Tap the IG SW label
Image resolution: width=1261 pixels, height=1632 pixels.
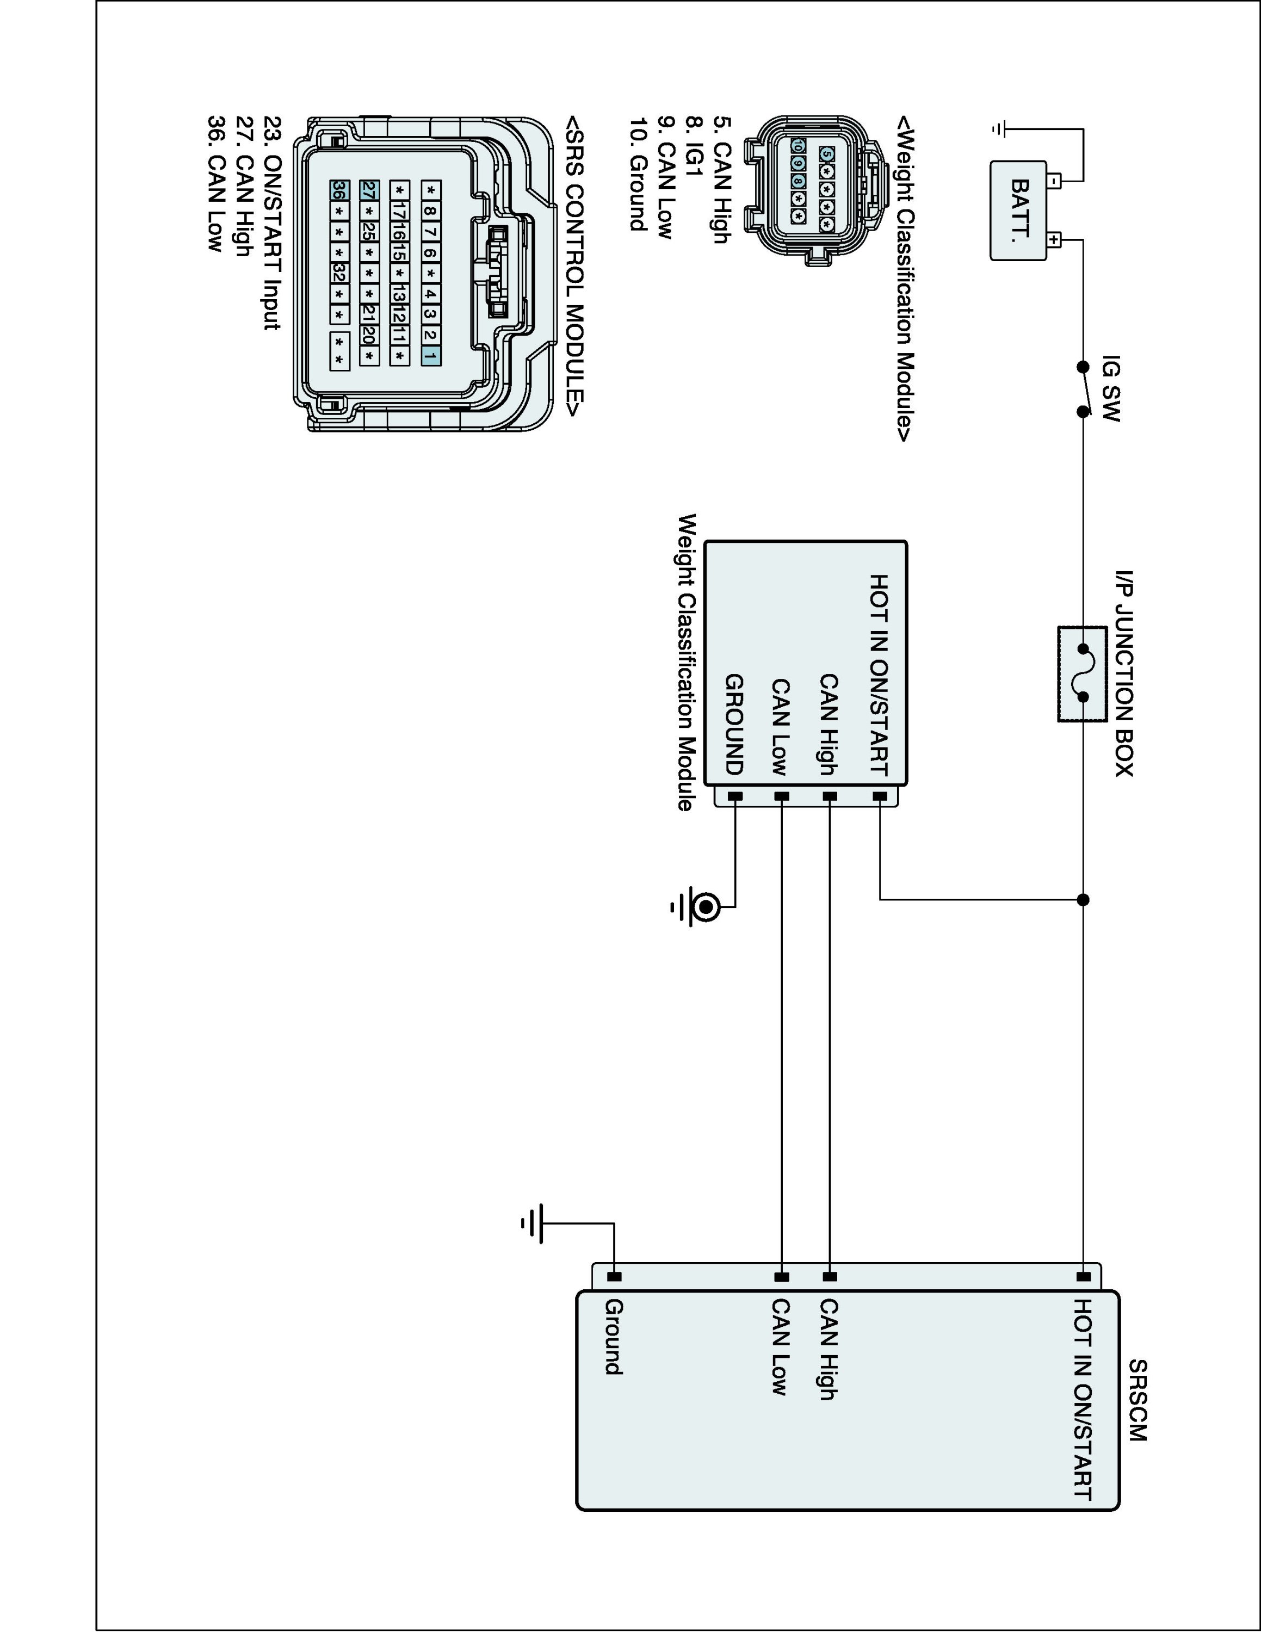pyautogui.click(x=1111, y=388)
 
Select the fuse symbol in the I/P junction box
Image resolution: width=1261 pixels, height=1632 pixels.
pyautogui.click(x=1081, y=673)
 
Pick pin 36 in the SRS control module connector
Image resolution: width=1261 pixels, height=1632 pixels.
pyautogui.click(x=338, y=190)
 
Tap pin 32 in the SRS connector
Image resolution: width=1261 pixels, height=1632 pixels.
pyautogui.click(x=338, y=273)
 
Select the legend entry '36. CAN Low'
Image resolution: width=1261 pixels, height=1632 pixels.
pyautogui.click(x=216, y=183)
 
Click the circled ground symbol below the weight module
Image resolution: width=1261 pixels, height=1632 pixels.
pyautogui.click(x=704, y=907)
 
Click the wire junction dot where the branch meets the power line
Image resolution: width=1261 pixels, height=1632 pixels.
pyautogui.click(x=1083, y=900)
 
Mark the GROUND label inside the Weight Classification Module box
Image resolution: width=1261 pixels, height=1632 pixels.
pyautogui.click(x=734, y=724)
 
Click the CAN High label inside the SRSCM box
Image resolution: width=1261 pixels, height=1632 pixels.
pyautogui.click(x=829, y=1349)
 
